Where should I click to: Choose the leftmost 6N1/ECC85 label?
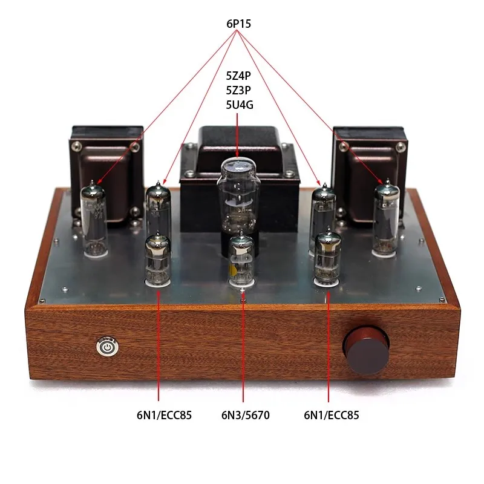tap(159, 415)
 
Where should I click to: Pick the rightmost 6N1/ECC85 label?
tap(328, 415)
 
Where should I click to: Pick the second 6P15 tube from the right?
tap(323, 209)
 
